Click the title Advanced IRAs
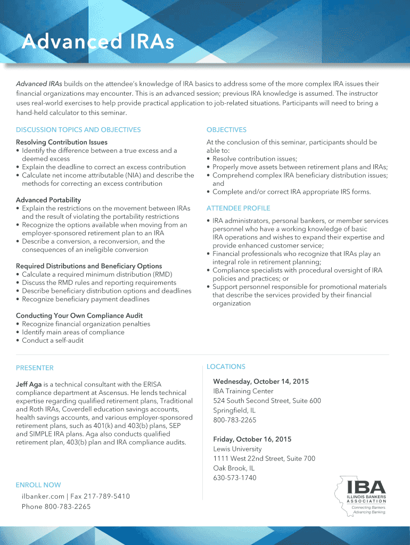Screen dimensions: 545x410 [98, 43]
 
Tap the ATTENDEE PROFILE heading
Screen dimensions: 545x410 [238, 208]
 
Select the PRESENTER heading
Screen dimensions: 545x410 [35, 368]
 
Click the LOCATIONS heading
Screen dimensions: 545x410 [226, 367]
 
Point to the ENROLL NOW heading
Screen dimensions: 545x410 [38, 485]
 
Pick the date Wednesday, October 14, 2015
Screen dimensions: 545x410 [261, 382]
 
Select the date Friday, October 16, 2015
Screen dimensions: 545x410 [252, 439]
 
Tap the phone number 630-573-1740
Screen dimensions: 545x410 [234, 477]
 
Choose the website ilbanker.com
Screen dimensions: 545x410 [41, 496]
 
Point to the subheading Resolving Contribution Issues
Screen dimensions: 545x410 [62, 142]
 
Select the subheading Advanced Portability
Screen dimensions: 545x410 [48, 200]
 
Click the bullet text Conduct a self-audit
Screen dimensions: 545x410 [53, 341]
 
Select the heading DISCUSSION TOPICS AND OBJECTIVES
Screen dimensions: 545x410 [78, 130]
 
